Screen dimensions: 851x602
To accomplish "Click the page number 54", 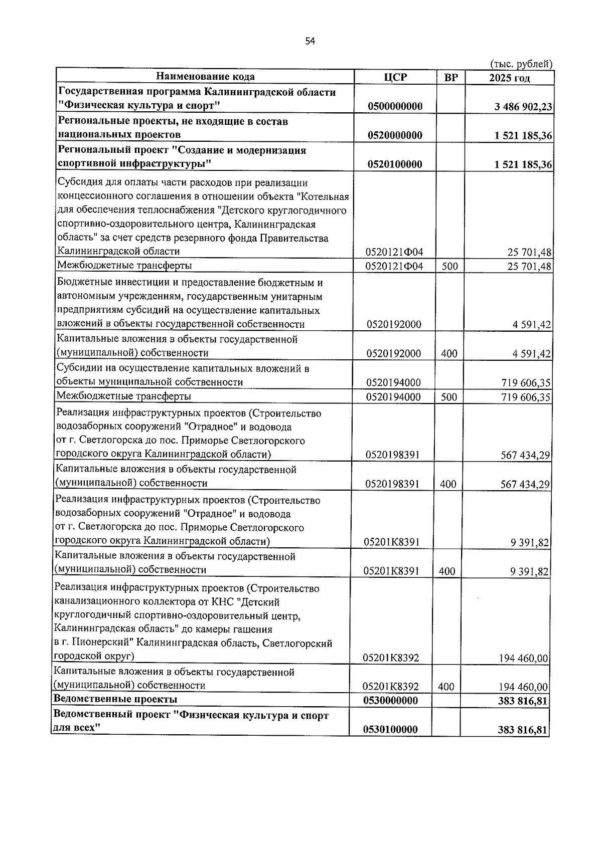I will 310,42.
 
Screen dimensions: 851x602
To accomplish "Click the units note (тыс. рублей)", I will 520,64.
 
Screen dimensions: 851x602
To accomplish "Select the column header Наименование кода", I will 205,77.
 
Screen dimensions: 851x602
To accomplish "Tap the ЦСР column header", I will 395,77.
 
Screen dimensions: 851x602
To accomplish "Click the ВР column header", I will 451,77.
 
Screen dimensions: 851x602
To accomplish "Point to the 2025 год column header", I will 509,78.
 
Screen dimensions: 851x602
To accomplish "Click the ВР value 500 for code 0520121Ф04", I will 450,267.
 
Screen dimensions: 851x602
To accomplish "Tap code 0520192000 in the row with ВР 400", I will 393,354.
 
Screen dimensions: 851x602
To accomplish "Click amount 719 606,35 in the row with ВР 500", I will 526,397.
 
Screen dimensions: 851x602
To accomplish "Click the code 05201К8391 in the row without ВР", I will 392,542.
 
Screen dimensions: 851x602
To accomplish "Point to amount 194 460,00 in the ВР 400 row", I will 523,687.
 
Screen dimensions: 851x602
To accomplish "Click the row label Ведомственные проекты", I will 115,699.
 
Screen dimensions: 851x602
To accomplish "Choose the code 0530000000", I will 390,700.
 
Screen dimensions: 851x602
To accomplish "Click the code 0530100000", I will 390,730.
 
